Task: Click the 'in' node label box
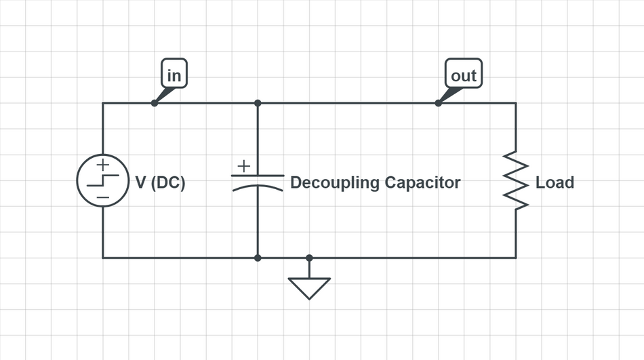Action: pos(174,75)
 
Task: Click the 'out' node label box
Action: pos(464,75)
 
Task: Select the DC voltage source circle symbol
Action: pos(102,180)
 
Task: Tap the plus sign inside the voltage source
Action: pos(102,165)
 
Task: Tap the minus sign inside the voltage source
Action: pos(102,197)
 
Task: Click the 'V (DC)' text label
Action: pos(161,183)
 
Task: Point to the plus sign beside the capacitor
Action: pos(243,165)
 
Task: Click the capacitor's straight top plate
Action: pos(258,175)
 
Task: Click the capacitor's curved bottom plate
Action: pos(258,186)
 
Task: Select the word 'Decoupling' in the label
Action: pos(335,183)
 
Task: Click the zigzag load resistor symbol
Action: pos(516,181)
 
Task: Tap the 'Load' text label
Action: pos(555,183)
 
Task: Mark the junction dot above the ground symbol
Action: pos(309,258)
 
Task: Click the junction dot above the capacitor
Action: pos(258,103)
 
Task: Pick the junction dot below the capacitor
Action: pos(258,258)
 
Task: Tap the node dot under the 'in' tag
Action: pos(155,103)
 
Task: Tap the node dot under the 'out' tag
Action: pos(438,103)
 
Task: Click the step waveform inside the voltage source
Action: pos(102,180)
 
